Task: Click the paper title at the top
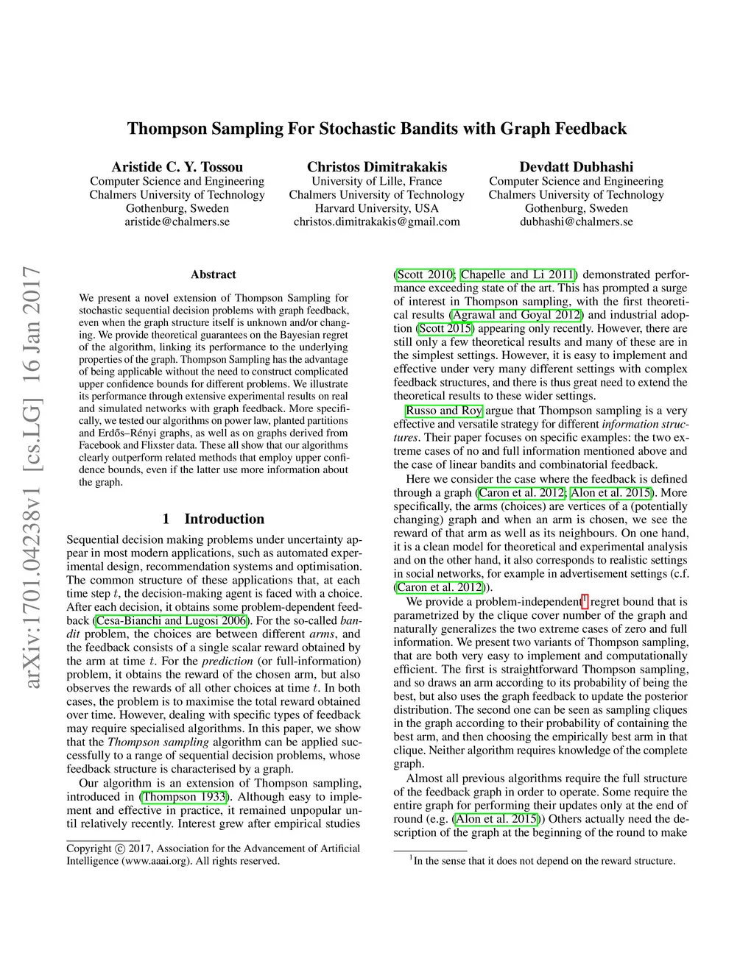[x=376, y=129]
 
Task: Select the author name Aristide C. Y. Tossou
[x=177, y=167]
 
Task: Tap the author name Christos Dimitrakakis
[x=376, y=167]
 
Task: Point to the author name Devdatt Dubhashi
[x=576, y=167]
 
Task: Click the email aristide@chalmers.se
[x=177, y=221]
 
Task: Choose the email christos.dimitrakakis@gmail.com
[x=376, y=221]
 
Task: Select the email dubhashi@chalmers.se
[x=576, y=221]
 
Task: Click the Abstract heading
[x=214, y=274]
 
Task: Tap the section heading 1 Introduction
[x=214, y=519]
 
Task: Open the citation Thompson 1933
[x=184, y=797]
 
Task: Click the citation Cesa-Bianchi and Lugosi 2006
[x=172, y=620]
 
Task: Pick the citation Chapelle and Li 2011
[x=518, y=274]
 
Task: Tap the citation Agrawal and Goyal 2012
[x=516, y=315]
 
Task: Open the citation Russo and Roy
[x=444, y=411]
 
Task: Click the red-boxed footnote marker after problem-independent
[x=585, y=599]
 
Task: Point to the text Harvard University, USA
[x=376, y=208]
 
